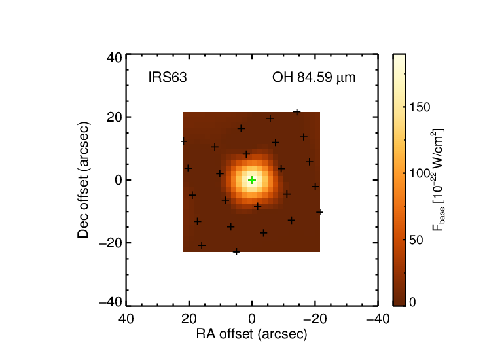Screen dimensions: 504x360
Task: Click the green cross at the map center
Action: pos(252,180)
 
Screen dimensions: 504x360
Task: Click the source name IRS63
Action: pos(168,77)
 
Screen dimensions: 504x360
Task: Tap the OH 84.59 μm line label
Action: pos(314,77)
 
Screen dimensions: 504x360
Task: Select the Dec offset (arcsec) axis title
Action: pos(83,180)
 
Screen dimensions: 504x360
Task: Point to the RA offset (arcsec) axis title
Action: pos(252,334)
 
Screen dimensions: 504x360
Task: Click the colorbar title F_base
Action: pos(439,179)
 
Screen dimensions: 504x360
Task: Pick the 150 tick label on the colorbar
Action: pos(420,107)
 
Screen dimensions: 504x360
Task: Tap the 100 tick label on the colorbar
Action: pos(420,173)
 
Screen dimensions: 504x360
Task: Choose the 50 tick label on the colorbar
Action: pos(416,240)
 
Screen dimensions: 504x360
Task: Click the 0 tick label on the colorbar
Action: pos(413,302)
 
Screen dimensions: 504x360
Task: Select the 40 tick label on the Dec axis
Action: pos(115,58)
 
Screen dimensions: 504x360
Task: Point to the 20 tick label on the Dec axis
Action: pos(115,117)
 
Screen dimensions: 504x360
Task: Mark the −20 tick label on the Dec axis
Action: pos(111,243)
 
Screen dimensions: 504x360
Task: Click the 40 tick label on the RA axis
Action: pos(126,319)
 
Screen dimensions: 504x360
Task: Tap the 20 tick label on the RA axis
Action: pos(189,319)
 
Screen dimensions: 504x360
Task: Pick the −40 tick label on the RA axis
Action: pos(378,319)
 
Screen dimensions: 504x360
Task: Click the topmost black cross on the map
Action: pos(297,112)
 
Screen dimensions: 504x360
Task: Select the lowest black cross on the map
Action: pos(236,251)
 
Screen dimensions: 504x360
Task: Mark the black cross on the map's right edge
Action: pos(319,212)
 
